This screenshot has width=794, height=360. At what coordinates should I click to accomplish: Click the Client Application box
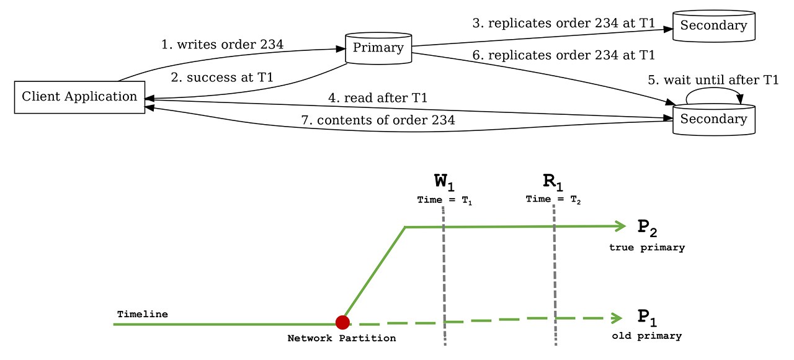[x=79, y=97]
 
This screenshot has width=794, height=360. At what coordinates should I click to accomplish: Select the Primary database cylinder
[x=378, y=48]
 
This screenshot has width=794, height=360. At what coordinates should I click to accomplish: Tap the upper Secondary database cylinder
[x=713, y=26]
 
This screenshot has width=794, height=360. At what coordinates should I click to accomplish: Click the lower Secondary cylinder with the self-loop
[x=713, y=119]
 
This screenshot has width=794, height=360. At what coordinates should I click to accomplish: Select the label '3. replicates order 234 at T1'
[x=563, y=24]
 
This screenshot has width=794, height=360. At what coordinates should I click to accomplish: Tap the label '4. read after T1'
[x=378, y=98]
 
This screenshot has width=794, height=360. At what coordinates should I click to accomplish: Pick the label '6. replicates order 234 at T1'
[x=563, y=55]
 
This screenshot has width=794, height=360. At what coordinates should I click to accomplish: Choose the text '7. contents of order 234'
[x=378, y=120]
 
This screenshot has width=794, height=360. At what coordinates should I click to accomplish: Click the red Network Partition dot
[x=342, y=322]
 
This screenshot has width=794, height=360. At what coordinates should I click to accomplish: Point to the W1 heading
[x=444, y=182]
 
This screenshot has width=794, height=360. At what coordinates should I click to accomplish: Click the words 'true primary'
[x=647, y=248]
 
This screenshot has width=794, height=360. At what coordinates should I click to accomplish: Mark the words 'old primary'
[x=647, y=336]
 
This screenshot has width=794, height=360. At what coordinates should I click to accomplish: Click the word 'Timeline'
[x=142, y=314]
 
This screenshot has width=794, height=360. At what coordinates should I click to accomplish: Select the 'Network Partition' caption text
[x=342, y=338]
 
